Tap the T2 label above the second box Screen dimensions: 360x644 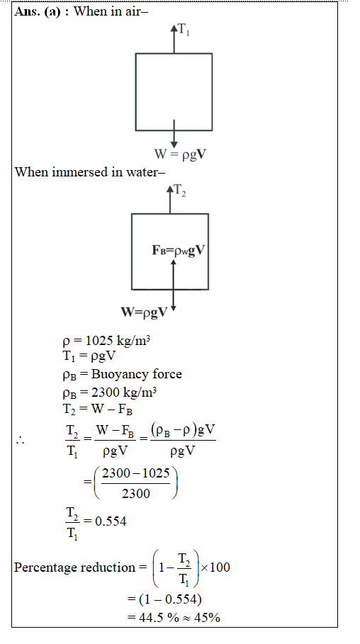179,191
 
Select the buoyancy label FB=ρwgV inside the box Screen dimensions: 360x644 178,251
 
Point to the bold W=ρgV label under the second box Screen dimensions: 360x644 145,312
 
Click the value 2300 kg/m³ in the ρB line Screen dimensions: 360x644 124,392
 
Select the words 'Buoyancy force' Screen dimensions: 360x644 137,374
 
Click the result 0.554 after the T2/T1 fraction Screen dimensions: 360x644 111,521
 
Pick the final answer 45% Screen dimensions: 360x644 207,617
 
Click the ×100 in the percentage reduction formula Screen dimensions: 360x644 215,567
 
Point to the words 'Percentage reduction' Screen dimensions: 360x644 75,567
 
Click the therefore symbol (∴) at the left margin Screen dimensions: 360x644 20,441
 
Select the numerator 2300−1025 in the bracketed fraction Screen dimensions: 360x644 135,473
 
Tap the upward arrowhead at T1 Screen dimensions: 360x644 174,28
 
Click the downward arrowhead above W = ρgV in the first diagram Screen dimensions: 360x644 174,145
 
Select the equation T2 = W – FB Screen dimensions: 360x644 97,409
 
